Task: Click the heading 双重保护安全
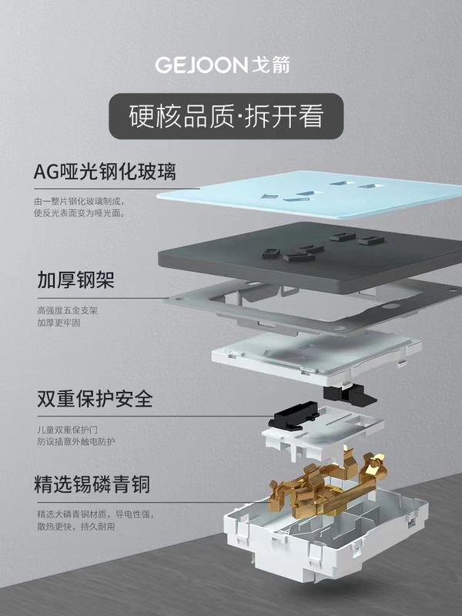tap(94, 400)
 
